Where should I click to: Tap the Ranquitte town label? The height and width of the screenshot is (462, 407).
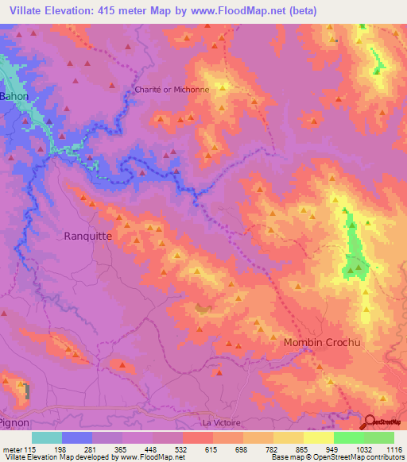tap(87, 236)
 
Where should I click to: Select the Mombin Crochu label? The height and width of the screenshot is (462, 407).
tap(322, 342)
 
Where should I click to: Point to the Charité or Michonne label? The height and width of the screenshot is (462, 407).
tap(172, 90)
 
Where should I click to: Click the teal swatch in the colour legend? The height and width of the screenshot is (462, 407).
tap(47, 437)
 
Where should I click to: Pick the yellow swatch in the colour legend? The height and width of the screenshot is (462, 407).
tap(318, 437)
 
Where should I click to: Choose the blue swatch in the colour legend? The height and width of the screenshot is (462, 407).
tap(77, 437)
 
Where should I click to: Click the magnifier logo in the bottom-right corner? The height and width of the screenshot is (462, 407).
tap(370, 422)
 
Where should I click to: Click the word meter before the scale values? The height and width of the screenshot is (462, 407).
tap(13, 449)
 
